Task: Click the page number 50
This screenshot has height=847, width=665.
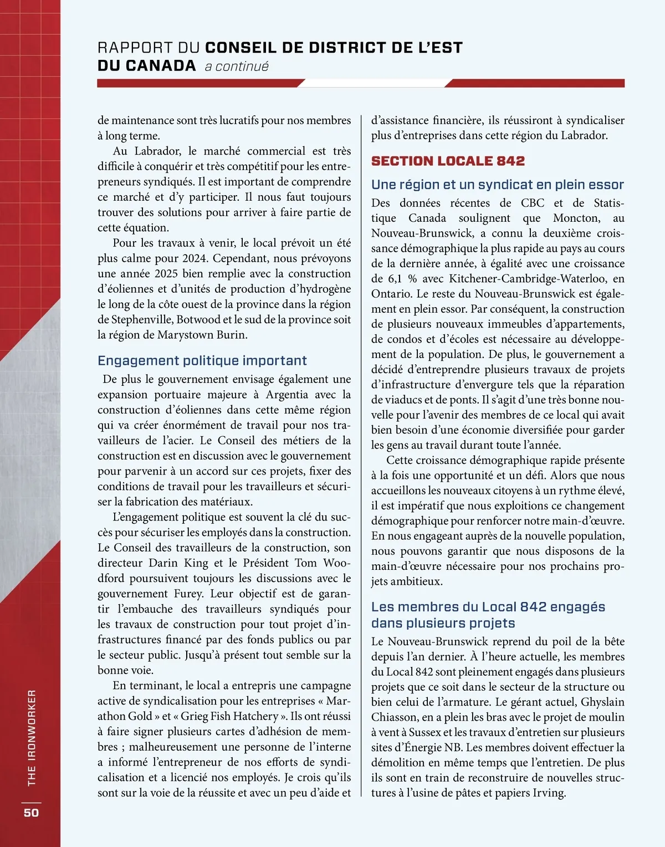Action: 31,812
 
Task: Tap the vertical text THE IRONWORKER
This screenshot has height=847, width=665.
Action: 32,737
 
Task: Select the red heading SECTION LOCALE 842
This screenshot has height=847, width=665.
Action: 448,161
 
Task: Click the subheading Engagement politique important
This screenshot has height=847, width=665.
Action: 202,361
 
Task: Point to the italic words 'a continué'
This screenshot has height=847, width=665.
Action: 237,67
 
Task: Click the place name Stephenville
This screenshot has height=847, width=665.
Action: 141,320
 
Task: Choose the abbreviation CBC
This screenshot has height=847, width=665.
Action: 533,203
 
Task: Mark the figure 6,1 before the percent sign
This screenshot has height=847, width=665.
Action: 395,279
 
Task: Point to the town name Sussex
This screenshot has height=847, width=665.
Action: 428,732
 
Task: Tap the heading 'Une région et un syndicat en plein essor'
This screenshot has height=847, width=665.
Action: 498,185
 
